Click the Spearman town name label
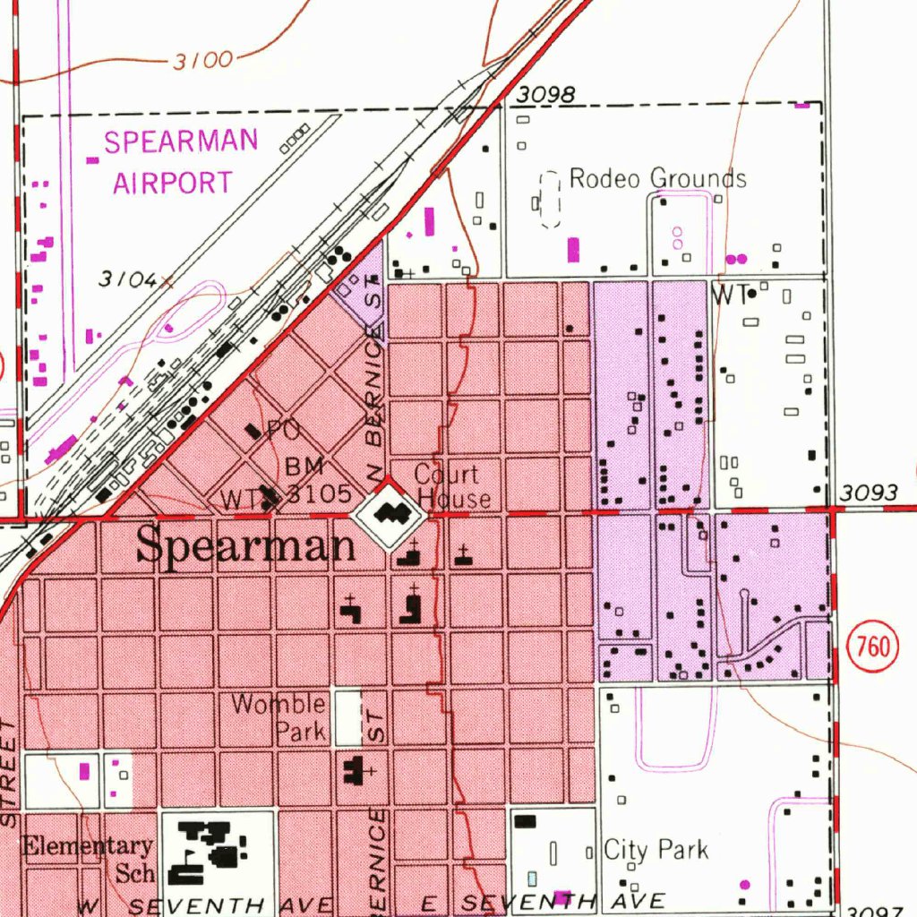click(x=245, y=545)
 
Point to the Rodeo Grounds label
click(x=657, y=178)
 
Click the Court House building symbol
click(x=388, y=514)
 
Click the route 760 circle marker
click(x=872, y=646)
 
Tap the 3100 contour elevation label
click(x=202, y=61)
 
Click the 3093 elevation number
click(x=869, y=493)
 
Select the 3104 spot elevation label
click(x=128, y=279)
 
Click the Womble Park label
click(x=279, y=716)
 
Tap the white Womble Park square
click(x=347, y=717)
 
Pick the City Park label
click(x=656, y=849)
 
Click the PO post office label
click(x=283, y=431)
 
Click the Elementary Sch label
click(x=88, y=857)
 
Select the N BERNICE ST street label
click(x=373, y=385)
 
